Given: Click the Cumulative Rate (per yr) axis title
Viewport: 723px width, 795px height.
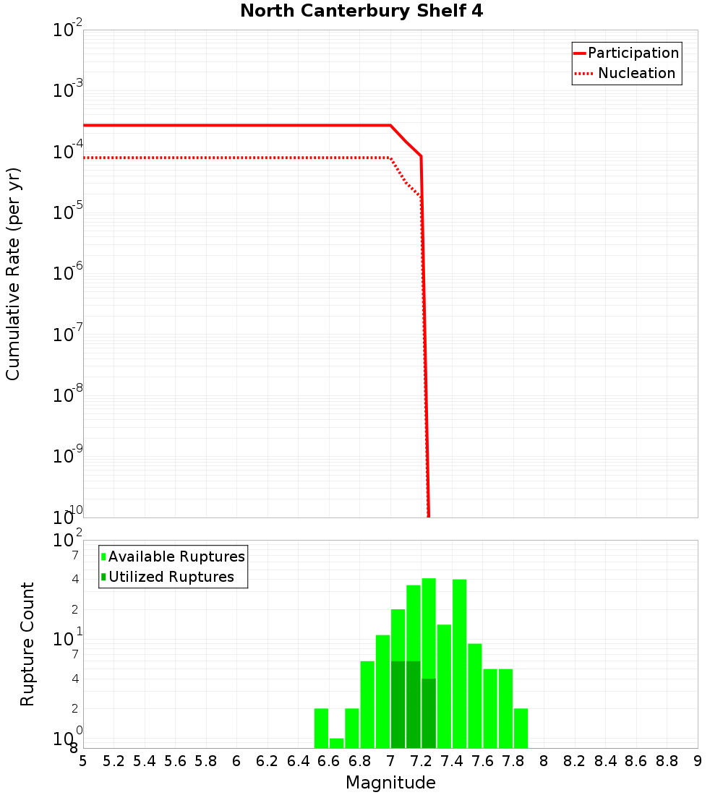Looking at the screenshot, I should [13, 273].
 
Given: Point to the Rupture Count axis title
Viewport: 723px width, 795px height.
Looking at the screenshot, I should [27, 643].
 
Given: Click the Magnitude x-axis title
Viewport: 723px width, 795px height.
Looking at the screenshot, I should [390, 783].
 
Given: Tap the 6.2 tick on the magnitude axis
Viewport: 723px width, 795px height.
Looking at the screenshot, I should [268, 761].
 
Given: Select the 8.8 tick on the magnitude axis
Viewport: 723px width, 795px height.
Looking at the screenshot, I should [667, 761].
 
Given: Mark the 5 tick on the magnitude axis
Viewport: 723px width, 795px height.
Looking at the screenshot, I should [83, 761].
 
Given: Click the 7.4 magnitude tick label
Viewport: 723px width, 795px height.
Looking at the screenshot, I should [452, 761].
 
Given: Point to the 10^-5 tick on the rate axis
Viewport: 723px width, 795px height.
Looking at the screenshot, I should [69, 212].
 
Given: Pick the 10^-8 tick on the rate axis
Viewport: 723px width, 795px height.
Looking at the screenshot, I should [69, 395].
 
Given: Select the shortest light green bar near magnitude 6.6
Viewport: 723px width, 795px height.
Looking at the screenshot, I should [336, 743].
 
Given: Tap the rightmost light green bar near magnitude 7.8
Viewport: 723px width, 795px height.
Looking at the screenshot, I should [521, 728].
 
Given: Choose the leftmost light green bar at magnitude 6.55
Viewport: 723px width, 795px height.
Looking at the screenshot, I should [321, 728].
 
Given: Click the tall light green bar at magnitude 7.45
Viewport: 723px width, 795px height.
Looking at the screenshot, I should [459, 663].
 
